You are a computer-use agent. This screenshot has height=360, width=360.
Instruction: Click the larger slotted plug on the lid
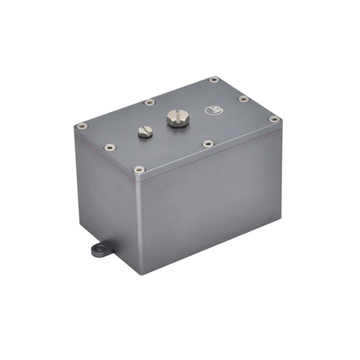click(177, 118)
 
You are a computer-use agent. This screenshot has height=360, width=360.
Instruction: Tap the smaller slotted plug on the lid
click(143, 132)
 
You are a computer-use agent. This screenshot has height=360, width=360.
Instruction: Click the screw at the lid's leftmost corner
click(81, 126)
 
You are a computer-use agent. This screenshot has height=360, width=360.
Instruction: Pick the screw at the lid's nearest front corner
click(139, 169)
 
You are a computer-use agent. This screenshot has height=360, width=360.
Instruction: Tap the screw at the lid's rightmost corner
click(274, 119)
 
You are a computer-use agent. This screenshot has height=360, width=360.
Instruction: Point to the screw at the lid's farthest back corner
click(213, 80)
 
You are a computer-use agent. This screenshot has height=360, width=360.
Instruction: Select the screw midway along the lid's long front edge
click(208, 143)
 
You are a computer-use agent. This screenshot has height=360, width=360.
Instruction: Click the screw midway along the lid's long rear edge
click(149, 102)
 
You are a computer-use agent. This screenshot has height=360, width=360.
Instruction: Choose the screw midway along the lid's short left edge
click(109, 147)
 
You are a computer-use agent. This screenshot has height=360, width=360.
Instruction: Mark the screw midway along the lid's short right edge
click(244, 99)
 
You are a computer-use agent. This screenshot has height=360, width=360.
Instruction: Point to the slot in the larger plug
click(177, 116)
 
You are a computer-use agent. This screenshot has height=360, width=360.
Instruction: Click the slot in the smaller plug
click(143, 130)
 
